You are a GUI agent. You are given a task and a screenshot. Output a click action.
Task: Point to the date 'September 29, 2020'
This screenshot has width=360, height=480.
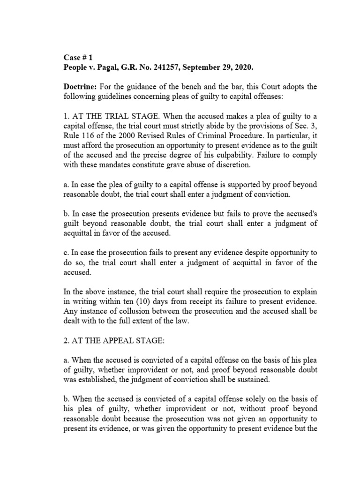click(217, 68)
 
